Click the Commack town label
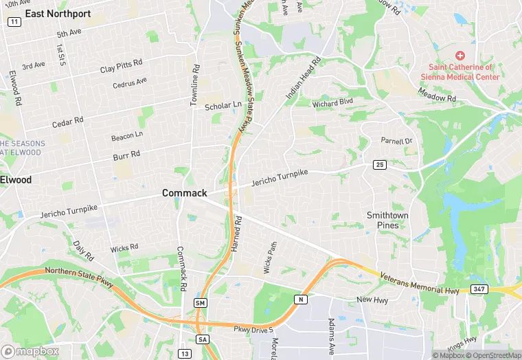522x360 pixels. [184, 193]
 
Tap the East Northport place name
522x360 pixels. [58, 13]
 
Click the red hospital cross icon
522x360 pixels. [460, 55]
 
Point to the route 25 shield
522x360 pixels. [379, 165]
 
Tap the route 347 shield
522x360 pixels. [479, 289]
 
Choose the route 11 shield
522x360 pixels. [14, 22]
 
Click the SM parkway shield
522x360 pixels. [201, 303]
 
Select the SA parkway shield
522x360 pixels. [202, 339]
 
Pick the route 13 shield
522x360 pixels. [185, 353]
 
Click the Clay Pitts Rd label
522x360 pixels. [121, 66]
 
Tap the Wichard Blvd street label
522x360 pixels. [332, 103]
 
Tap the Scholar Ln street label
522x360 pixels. [223, 106]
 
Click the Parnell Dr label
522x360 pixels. [396, 141]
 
